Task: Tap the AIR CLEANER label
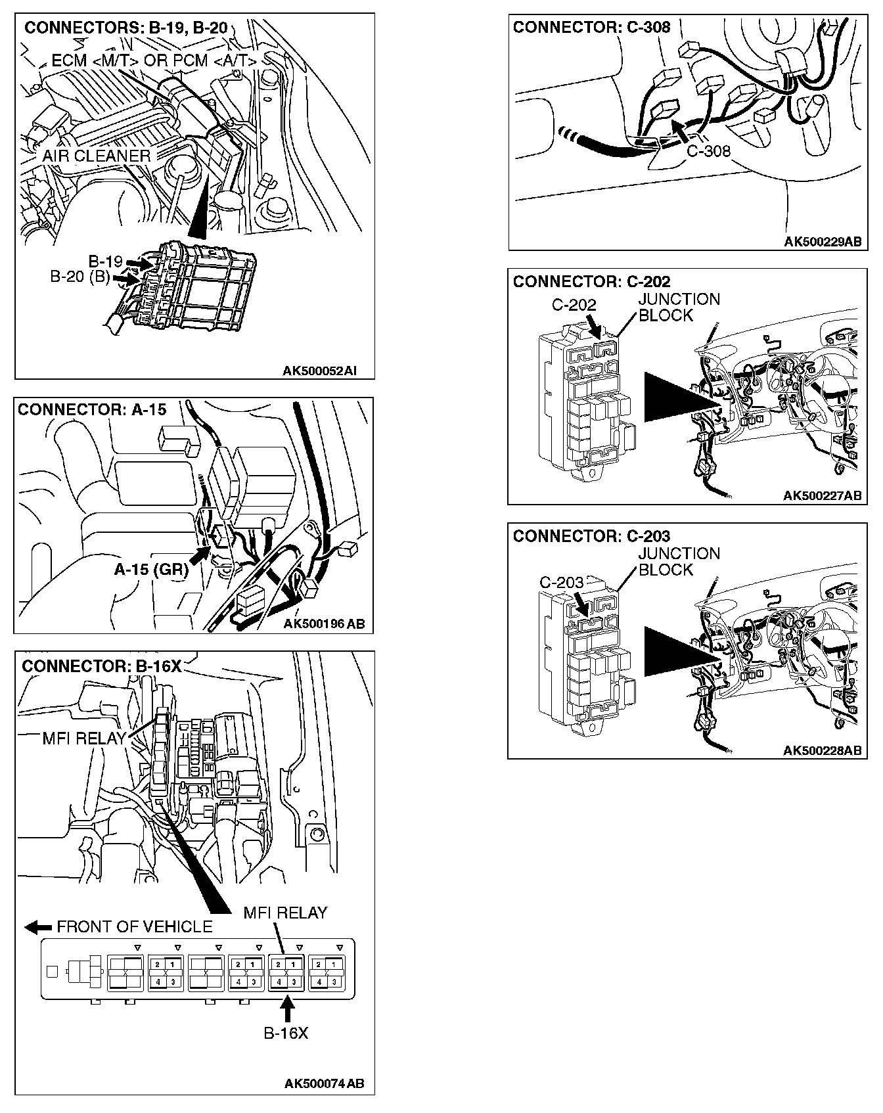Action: click(x=97, y=156)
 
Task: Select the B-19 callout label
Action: click(x=105, y=261)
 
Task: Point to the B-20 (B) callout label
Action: click(x=79, y=277)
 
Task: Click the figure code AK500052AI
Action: click(x=319, y=371)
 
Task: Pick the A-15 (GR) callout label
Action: click(x=151, y=570)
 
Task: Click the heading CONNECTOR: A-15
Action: click(x=92, y=409)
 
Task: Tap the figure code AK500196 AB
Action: click(x=324, y=624)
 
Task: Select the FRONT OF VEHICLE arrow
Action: click(x=38, y=927)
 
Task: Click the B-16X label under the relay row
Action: click(x=286, y=1033)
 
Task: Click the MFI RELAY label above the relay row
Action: click(x=285, y=913)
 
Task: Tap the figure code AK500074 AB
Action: click(x=324, y=1083)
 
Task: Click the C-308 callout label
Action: click(x=708, y=151)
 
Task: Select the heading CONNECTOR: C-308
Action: click(x=591, y=27)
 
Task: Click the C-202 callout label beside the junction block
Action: click(x=574, y=305)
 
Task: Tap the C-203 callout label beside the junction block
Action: click(x=562, y=583)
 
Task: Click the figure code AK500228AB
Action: click(x=822, y=750)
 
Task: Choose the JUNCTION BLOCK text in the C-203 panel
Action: click(x=679, y=562)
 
